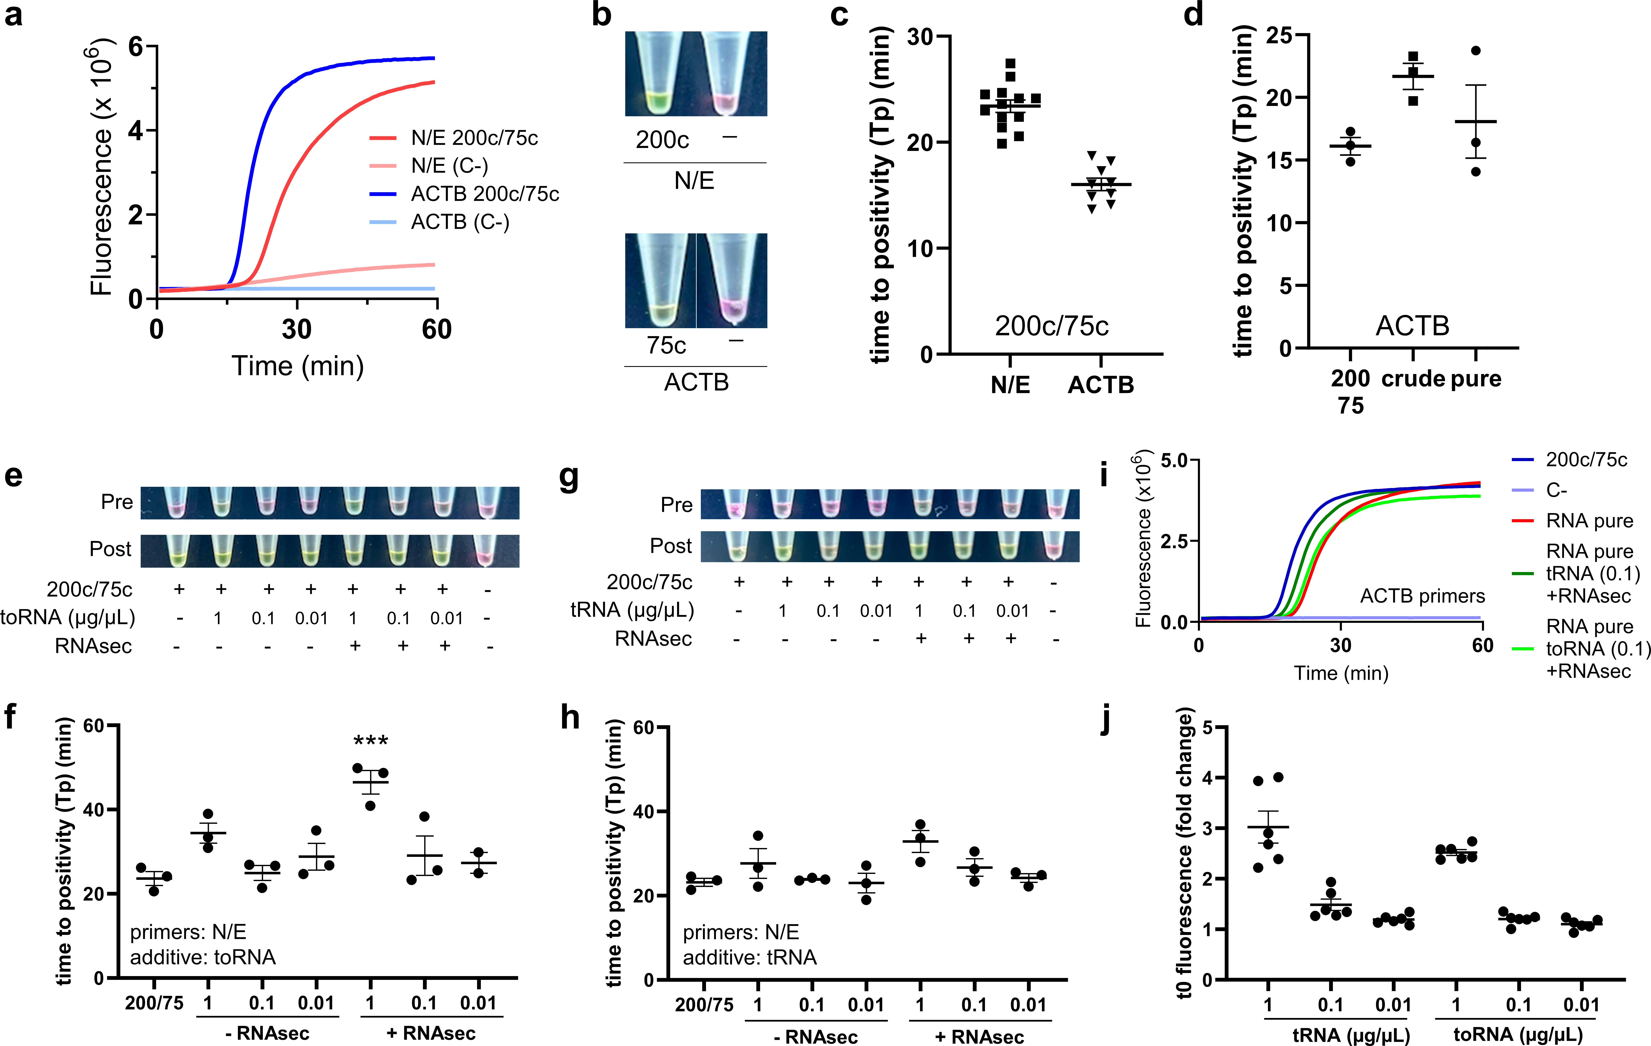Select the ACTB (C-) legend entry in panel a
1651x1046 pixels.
point(459,222)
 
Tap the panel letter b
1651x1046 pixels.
point(601,15)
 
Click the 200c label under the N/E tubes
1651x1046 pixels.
point(662,140)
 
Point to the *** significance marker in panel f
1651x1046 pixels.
point(370,741)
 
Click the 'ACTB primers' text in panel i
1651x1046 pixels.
point(1422,596)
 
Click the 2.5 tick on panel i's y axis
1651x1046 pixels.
point(1174,541)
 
